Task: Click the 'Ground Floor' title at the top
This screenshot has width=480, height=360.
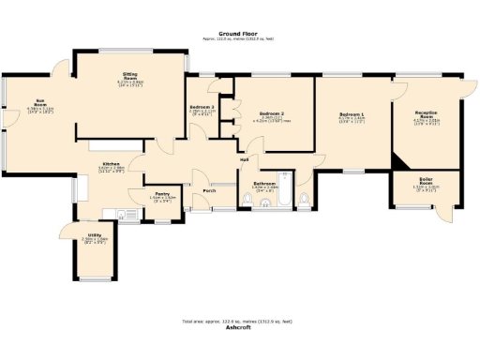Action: (x=239, y=32)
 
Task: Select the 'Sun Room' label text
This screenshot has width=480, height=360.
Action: (x=40, y=105)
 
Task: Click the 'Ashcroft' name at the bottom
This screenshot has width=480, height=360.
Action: (x=239, y=328)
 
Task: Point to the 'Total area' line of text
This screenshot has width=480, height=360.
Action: (x=239, y=322)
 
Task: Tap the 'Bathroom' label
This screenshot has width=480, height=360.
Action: (x=264, y=183)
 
